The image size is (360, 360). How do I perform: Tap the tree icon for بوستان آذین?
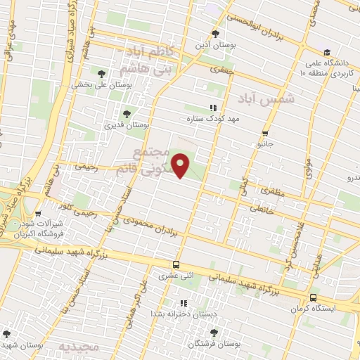216,34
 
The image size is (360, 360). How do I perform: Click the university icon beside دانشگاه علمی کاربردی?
326,52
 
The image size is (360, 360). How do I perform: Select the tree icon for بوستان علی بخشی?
101,73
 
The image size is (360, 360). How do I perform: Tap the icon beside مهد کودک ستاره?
212,108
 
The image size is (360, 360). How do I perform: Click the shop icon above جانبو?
264,133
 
